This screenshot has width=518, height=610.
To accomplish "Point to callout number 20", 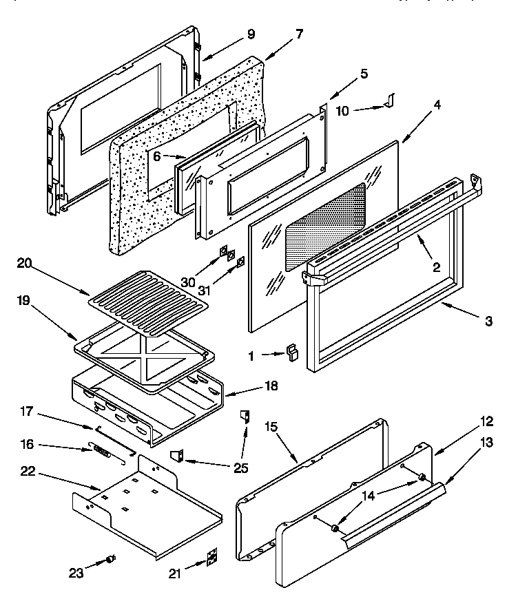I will (x=23, y=262).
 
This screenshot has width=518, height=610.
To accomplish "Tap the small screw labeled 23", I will (x=110, y=560).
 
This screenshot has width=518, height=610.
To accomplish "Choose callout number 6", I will (x=157, y=156).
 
